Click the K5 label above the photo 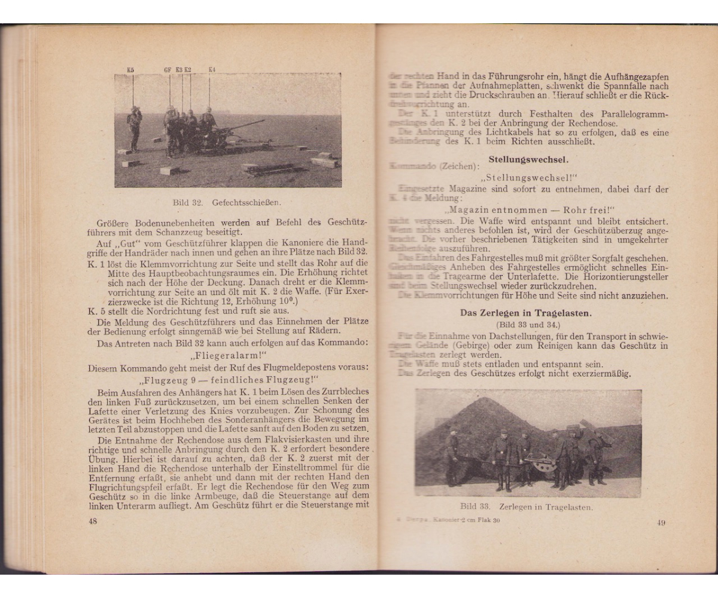tap(130, 70)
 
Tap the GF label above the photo tap(168, 70)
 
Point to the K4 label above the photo tap(212, 70)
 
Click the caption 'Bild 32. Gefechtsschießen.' tap(227, 202)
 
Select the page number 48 tap(93, 521)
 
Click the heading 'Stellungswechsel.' tap(528, 160)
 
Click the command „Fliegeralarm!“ tap(228, 354)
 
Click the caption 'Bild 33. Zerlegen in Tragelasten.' tap(527, 507)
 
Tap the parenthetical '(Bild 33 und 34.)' tap(527, 324)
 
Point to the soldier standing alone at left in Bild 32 tap(135, 127)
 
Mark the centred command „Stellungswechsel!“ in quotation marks tap(527, 178)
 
